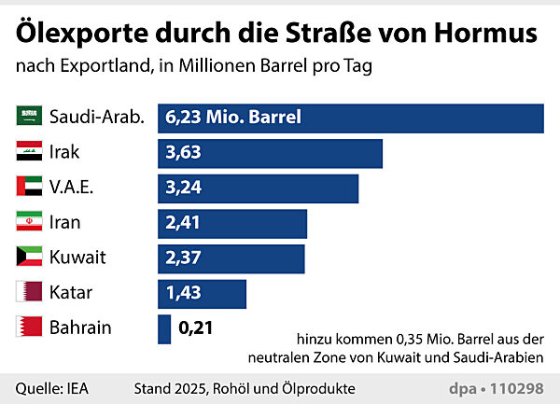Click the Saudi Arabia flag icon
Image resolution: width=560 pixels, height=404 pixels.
click(x=29, y=118)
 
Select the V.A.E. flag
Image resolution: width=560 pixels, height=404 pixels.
click(x=29, y=188)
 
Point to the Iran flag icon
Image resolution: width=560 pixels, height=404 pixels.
click(x=29, y=223)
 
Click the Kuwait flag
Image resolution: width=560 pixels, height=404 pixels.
click(x=29, y=258)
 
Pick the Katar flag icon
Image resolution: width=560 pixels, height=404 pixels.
click(x=29, y=293)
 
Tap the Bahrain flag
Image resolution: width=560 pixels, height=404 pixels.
click(x=29, y=327)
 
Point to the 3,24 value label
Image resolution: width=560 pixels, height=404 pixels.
click(x=183, y=188)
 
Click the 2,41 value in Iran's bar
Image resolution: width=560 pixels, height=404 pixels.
click(x=183, y=223)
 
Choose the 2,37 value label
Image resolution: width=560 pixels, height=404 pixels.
click(x=183, y=258)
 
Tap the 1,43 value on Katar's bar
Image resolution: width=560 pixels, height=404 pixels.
click(x=183, y=293)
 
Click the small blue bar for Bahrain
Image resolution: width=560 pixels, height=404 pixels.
click(x=164, y=327)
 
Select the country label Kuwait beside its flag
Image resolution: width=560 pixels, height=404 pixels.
click(x=77, y=258)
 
